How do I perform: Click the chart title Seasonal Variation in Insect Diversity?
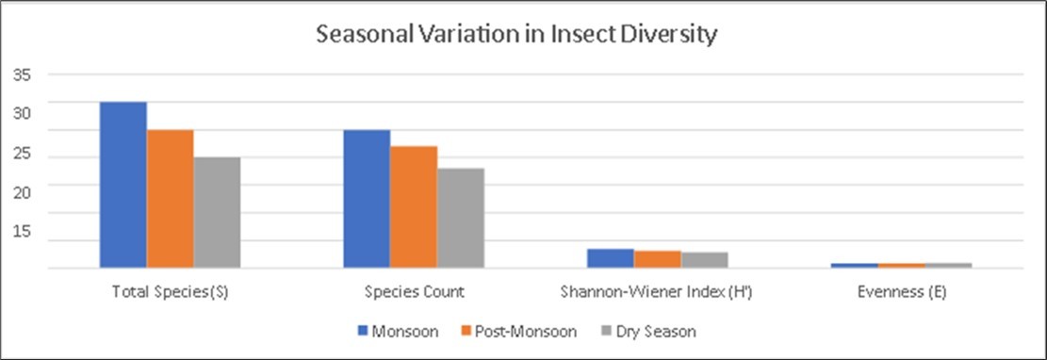(x=517, y=36)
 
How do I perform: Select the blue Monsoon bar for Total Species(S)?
(x=123, y=185)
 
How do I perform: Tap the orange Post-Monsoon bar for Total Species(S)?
(x=170, y=199)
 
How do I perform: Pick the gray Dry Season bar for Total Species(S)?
(x=217, y=213)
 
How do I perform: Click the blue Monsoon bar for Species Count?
(x=367, y=199)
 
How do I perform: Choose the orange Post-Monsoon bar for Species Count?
(x=414, y=207)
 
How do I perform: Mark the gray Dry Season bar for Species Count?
(x=460, y=219)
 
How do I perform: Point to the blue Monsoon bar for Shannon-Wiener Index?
(x=610, y=258)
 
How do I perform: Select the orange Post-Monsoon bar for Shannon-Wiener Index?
(x=657, y=259)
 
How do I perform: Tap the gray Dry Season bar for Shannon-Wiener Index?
(x=704, y=260)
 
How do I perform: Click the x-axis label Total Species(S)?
(x=171, y=292)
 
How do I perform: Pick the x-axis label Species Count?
(x=414, y=292)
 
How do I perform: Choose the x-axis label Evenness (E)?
(x=901, y=292)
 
